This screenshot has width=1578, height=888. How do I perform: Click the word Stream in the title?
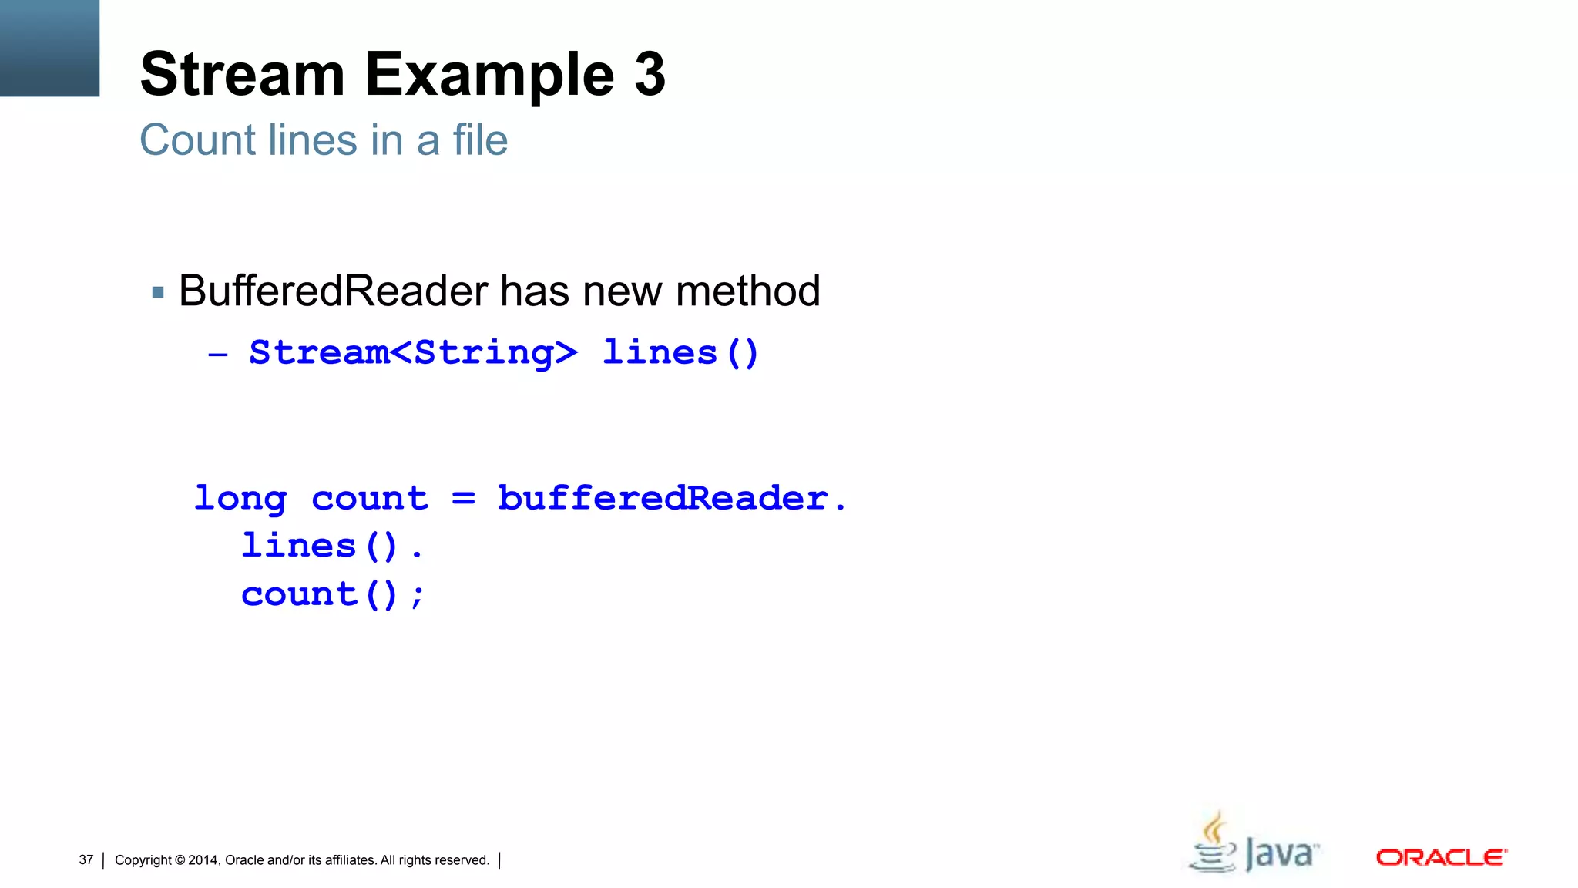242,74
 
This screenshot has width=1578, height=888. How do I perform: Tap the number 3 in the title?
650,74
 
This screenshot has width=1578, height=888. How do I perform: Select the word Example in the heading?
489,76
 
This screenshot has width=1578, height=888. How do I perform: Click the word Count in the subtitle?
197,140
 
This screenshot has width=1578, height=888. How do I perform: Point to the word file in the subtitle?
480,140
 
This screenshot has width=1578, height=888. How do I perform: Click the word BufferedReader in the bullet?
333,291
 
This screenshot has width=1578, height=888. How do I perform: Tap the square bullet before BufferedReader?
158,292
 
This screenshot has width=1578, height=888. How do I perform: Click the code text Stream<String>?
413,353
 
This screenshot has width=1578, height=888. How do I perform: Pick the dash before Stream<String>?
218,355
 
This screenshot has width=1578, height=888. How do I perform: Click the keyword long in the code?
240,499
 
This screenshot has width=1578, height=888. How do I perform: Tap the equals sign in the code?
463,499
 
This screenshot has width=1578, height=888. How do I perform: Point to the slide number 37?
86,859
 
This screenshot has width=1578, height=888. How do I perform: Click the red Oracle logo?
1441,857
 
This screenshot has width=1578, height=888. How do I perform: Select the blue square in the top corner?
49,48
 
